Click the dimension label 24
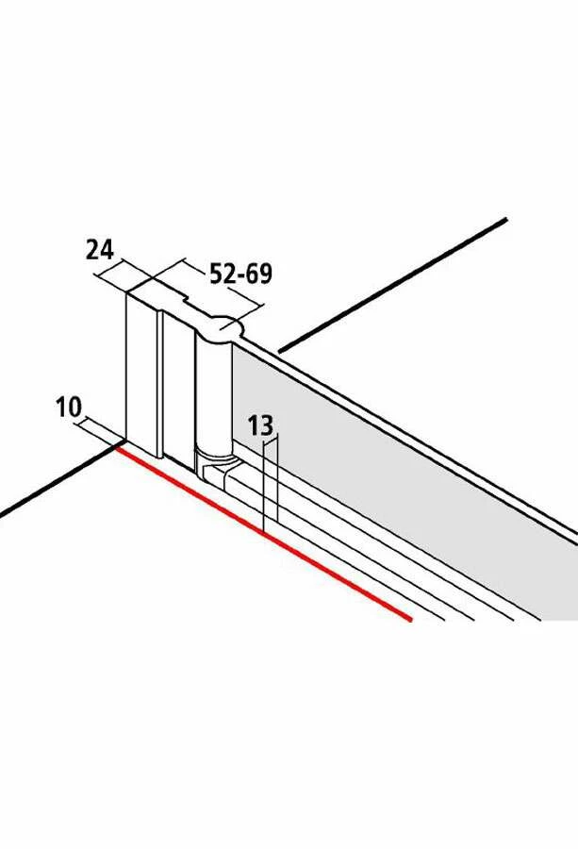99,250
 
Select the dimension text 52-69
240,275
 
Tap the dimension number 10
68,408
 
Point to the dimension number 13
260,425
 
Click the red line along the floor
264,534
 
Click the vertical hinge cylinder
211,396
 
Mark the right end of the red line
411,619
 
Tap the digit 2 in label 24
92,250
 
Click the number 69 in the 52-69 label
258,275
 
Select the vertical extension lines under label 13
271,481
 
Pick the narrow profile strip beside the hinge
178,387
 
